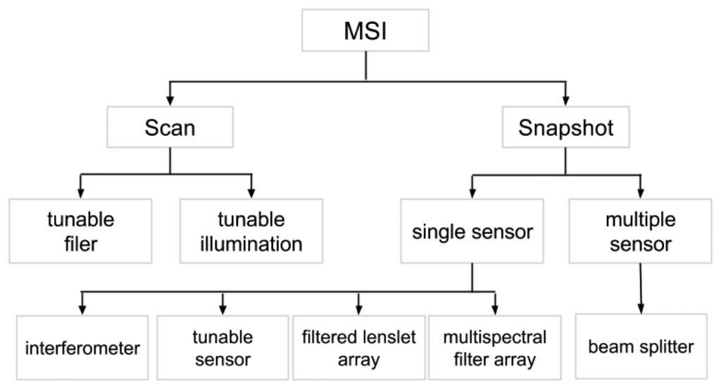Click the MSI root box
[365, 30]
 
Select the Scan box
[170, 128]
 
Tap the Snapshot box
[565, 128]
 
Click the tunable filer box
[80, 230]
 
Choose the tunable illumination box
[251, 230]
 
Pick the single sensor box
[472, 230]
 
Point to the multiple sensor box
[640, 230]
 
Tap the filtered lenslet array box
[358, 347]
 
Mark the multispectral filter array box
[494, 347]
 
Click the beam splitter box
[640, 347]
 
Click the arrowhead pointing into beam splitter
[640, 308]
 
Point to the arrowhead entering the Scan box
[170, 99]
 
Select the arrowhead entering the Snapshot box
[565, 99]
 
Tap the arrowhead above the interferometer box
[83, 308]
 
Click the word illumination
[251, 244]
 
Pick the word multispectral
[494, 336]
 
